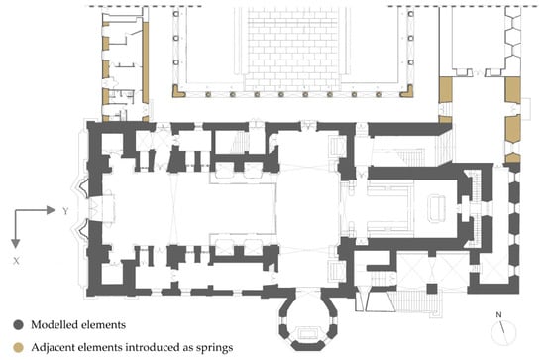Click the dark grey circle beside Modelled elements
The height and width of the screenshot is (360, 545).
coord(18,325)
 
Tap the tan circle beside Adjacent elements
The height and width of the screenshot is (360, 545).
coord(18,347)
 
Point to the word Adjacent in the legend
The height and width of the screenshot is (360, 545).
coord(53,347)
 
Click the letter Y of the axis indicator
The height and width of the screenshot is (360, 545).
coord(65,211)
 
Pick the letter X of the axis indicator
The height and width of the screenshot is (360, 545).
coord(16,261)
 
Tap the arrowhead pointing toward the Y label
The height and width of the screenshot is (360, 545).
coord(52,210)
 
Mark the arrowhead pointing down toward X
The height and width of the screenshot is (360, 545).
coord(15,244)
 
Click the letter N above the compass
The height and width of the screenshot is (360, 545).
coord(498,315)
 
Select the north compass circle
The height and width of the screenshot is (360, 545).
coord(503,333)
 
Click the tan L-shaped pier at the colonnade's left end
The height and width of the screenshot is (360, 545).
coord(178,91)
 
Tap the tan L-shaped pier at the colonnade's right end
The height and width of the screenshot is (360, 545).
coord(406,91)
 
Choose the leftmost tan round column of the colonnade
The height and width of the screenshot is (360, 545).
coord(208,94)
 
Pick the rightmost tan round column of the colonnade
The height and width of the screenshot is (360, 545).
coord(379,94)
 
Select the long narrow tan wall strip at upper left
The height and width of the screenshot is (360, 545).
coord(146,62)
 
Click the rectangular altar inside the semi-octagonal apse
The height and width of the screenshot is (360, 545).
coord(307,333)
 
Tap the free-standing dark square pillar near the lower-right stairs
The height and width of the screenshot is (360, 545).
coord(432,289)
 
